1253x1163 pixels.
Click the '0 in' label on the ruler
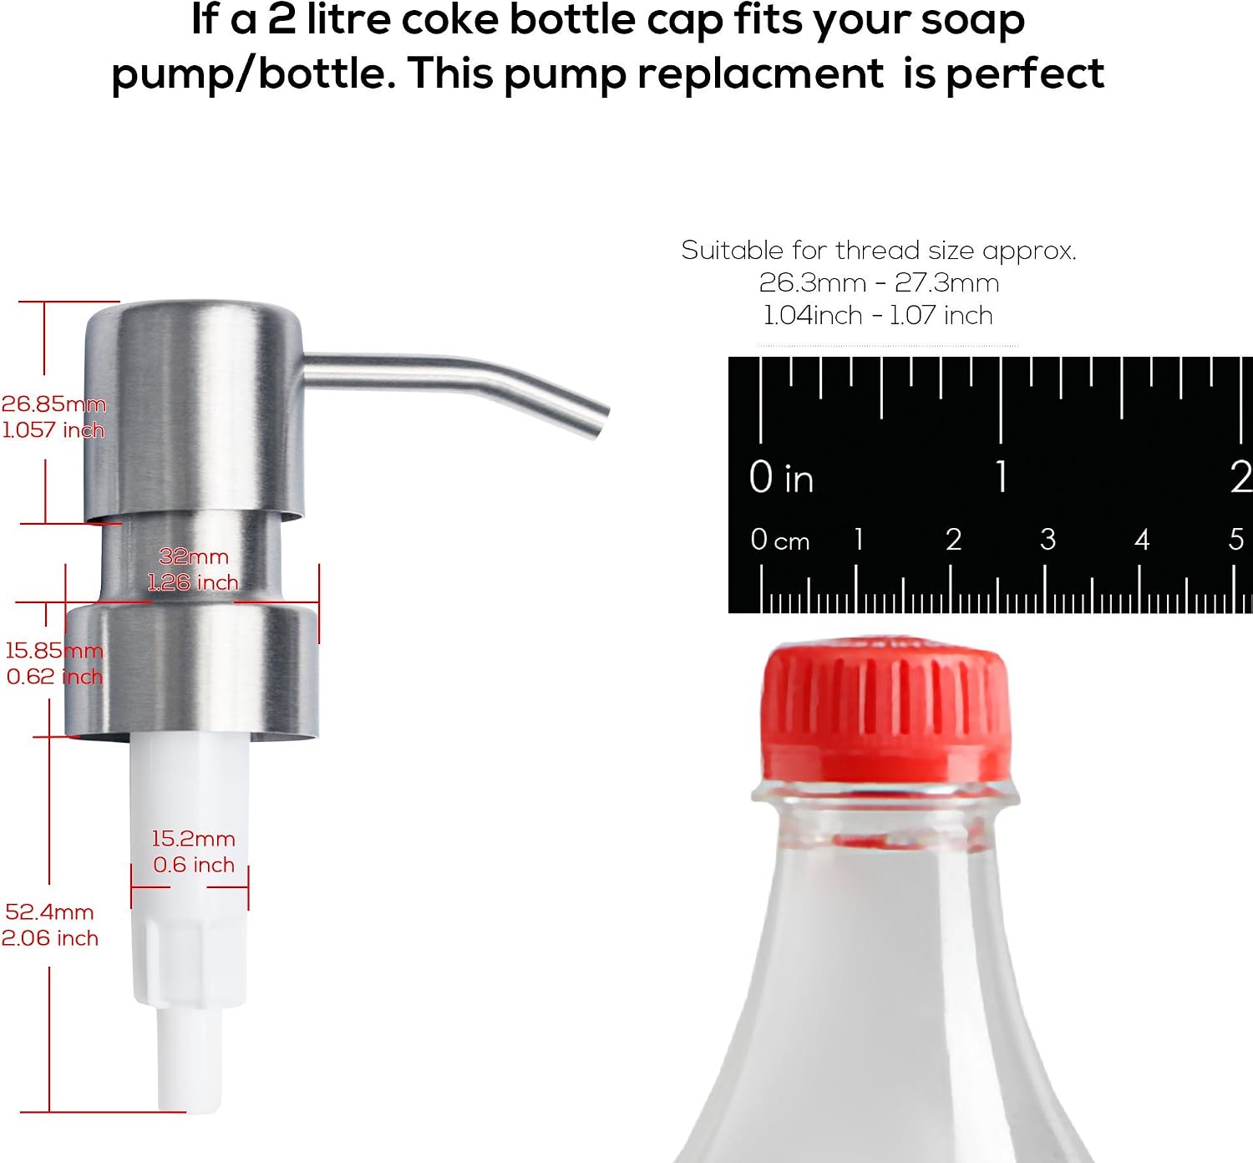[781, 477]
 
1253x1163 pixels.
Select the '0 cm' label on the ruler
[780, 541]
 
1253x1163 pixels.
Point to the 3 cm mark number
[1048, 540]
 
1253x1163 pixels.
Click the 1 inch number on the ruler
[1002, 476]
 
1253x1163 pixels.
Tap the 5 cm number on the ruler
[1236, 540]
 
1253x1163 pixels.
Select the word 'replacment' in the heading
[760, 74]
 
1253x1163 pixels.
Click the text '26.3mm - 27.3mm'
[879, 282]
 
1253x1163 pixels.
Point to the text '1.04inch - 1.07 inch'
[878, 315]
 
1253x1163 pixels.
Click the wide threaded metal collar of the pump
[192, 670]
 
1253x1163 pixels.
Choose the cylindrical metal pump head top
[195, 410]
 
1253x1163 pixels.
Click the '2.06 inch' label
[50, 938]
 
